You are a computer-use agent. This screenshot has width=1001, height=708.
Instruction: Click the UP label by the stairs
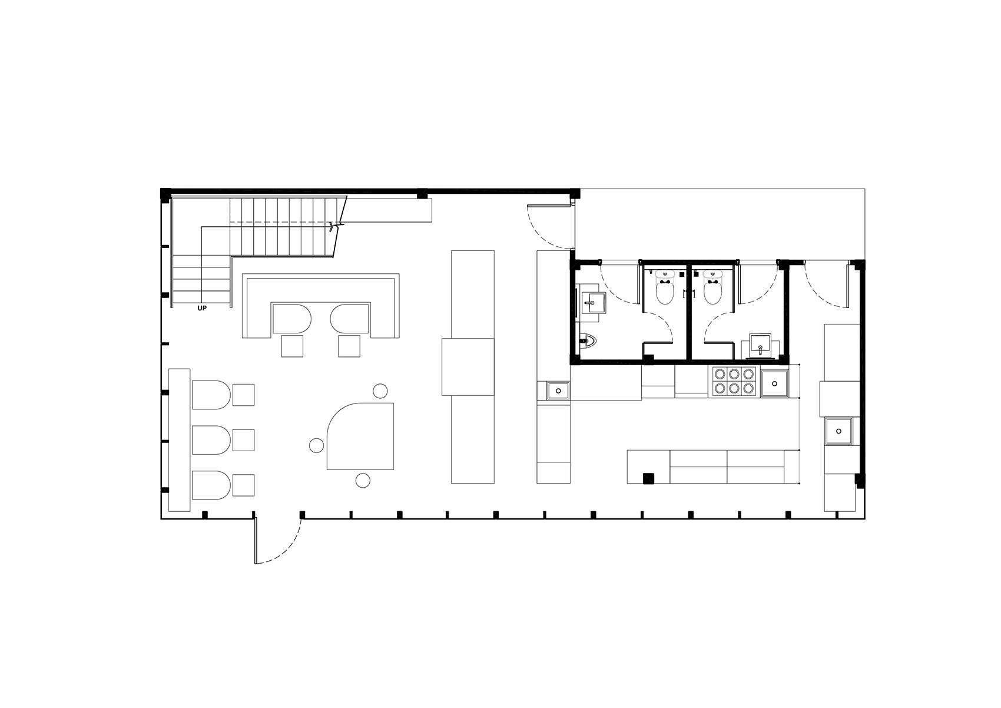click(x=202, y=308)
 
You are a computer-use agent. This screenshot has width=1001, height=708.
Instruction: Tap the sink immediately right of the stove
click(x=775, y=383)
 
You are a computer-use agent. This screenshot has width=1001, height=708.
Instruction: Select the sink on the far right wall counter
click(x=839, y=431)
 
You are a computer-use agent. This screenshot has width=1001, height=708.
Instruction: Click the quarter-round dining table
click(x=360, y=436)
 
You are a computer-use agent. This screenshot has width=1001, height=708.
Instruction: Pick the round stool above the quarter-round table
click(x=380, y=391)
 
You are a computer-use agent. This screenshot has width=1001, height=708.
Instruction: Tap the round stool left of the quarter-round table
click(x=316, y=445)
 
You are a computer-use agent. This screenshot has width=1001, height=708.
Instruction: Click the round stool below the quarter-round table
click(x=363, y=480)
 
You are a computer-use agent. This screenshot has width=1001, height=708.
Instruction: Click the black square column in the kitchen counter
click(x=648, y=478)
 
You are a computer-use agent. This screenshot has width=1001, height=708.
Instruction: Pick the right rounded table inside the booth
click(x=349, y=318)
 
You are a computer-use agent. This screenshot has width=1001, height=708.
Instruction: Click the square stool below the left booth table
click(x=292, y=346)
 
